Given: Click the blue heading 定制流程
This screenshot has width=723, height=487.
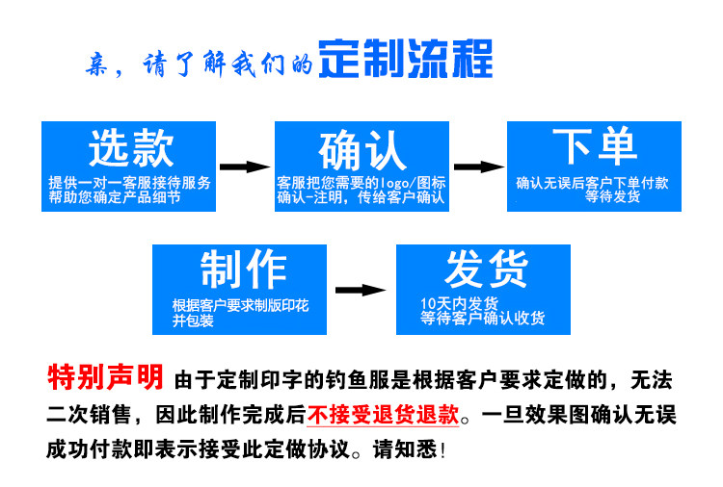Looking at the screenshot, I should [x=405, y=59].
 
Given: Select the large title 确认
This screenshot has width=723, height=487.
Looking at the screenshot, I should [x=361, y=151].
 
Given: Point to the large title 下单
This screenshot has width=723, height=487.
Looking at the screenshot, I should [x=594, y=147].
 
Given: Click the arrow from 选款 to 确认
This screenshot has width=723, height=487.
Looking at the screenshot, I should [x=246, y=167].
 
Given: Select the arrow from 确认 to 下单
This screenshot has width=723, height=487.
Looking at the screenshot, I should [x=478, y=167].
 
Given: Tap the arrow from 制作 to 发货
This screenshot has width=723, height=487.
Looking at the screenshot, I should [x=361, y=289].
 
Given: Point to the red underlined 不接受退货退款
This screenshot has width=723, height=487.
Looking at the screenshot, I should [x=383, y=416].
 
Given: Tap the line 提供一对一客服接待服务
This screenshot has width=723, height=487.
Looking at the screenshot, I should [x=129, y=183].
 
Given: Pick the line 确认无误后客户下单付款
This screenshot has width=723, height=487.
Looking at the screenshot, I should [x=592, y=182].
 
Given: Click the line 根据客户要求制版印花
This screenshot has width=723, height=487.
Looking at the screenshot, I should [x=240, y=305].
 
